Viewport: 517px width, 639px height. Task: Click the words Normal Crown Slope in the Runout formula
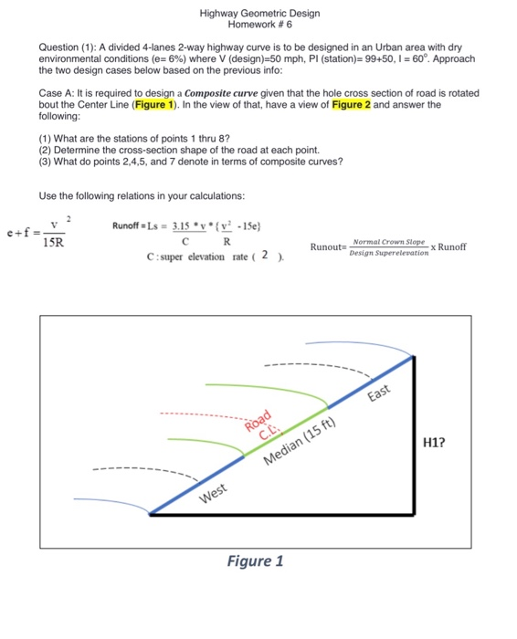388,240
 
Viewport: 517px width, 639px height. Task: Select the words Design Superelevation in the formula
388,253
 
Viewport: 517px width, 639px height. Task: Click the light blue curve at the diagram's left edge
100,501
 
